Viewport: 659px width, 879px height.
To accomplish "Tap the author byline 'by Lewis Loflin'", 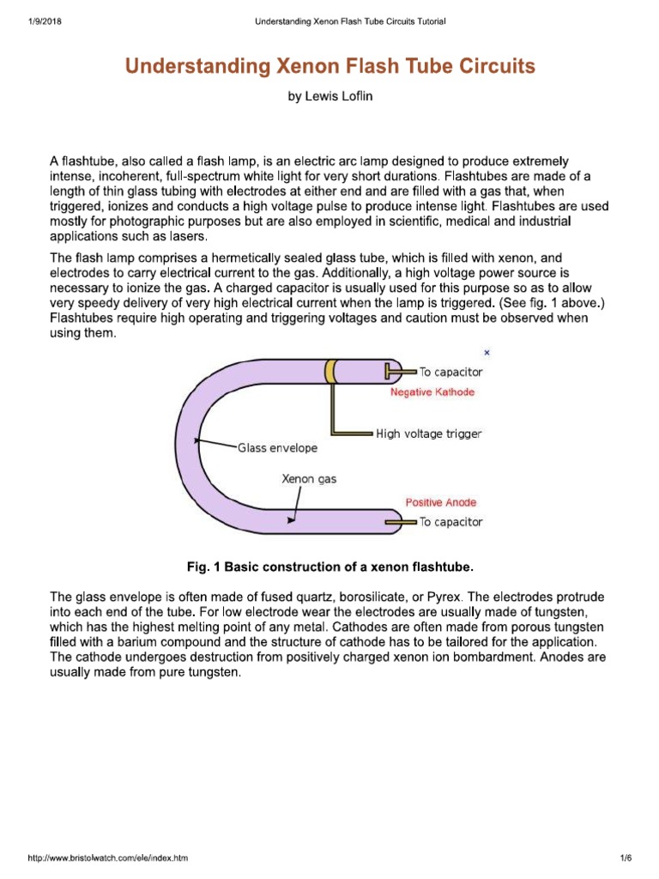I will tap(329, 97).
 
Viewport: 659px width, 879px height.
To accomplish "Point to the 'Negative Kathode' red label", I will tap(432, 392).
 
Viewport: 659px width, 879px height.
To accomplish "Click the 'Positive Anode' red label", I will tap(440, 502).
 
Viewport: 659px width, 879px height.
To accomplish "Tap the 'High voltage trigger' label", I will tap(429, 433).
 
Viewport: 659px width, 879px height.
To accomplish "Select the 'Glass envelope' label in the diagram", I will tap(277, 448).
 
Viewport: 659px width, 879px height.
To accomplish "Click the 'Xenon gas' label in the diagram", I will tap(309, 479).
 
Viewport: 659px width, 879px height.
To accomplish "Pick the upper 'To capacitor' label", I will tap(450, 373).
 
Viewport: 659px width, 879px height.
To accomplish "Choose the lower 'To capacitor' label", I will tap(450, 522).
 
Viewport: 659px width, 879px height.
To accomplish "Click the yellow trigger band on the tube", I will tap(330, 371).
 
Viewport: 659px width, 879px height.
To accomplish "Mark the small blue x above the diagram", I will tap(487, 352).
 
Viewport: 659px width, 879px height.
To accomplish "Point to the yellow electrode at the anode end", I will tap(399, 522).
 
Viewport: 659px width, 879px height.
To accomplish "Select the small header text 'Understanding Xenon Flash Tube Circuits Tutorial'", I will tap(350, 21).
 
